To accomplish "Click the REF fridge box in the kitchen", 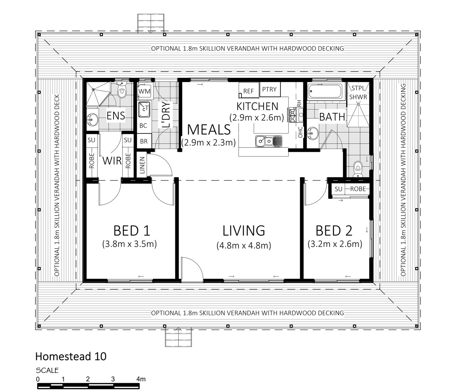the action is click(249, 90).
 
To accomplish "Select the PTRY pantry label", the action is click(269, 89).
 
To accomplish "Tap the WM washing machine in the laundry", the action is click(144, 91).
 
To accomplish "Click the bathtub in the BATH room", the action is click(325, 92).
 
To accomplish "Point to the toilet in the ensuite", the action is click(122, 90).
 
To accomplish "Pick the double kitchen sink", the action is click(268, 141).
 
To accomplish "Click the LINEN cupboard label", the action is click(142, 165).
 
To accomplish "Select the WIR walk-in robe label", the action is click(112, 161).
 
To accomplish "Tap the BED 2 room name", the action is click(334, 231).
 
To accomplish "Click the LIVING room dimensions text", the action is click(244, 246).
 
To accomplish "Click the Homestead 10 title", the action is click(71, 356).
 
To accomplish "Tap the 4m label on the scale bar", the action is click(141, 379).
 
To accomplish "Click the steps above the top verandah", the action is click(151, 23).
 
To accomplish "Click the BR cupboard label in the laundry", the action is click(144, 141).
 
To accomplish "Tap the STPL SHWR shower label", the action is click(358, 93).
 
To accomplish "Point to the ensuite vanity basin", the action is click(92, 120).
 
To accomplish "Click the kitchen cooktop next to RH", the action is click(292, 115).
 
